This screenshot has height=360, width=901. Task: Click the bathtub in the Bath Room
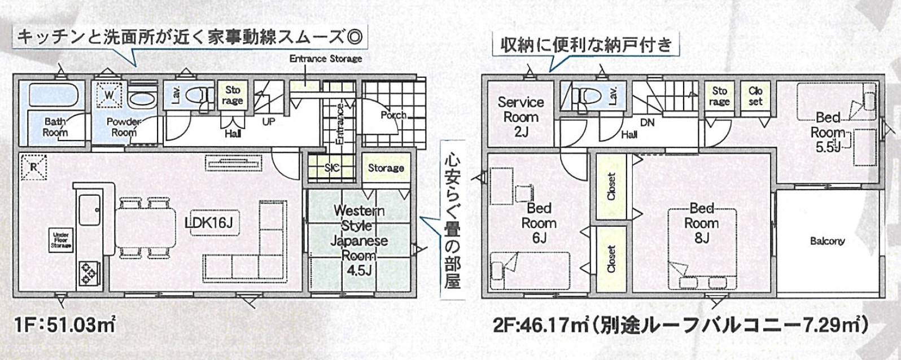[x=53, y=95]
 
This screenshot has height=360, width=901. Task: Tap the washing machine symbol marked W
[x=109, y=95]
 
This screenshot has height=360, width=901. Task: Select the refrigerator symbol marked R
[x=34, y=167]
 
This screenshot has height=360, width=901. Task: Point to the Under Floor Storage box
[x=61, y=240]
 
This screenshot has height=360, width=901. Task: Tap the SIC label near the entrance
[x=332, y=168]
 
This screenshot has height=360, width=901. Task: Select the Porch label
[x=393, y=115]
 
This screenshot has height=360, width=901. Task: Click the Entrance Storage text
[x=325, y=59]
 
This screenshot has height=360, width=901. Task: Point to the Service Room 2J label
[x=521, y=117]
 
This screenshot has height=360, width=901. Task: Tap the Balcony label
[x=828, y=241]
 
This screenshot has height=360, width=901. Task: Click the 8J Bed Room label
[x=702, y=223]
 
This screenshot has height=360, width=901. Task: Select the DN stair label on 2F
[x=647, y=122]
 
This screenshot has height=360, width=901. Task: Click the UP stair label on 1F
[x=268, y=121]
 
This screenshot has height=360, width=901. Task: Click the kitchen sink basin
[x=89, y=209]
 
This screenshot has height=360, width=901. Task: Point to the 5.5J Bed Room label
[x=828, y=133]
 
